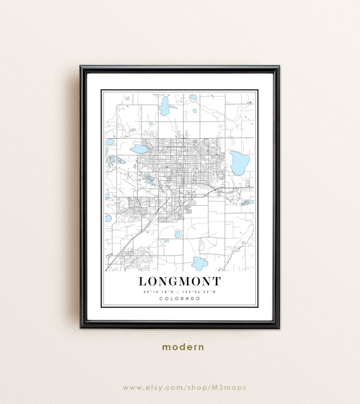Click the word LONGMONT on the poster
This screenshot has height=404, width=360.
pos(179,281)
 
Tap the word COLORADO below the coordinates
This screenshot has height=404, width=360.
pos(179,299)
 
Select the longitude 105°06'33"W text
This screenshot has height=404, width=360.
pos(201,292)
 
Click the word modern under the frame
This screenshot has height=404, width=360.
pos(183,347)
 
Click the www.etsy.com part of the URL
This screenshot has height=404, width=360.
pos(148,387)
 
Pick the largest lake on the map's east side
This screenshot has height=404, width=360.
pos(239,162)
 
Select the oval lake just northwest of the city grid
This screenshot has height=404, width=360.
pos(138,150)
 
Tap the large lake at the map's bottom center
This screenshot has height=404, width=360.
pos(200,263)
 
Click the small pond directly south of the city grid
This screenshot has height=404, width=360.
pos(177,234)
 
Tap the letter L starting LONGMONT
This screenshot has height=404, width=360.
pos(143,281)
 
